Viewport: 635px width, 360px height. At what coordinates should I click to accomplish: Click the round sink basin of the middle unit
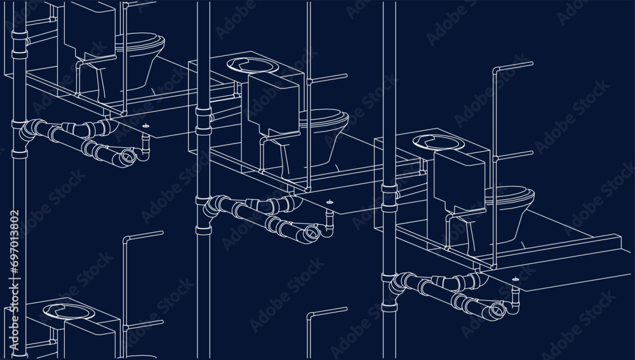point(252,65)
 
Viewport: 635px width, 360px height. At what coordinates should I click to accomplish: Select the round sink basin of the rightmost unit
point(439,142)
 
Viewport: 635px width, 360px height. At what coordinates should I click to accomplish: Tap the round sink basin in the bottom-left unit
point(69,311)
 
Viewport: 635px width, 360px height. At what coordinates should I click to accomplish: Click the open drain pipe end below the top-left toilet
point(128,157)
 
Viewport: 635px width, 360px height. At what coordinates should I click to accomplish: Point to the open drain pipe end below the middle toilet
point(311,234)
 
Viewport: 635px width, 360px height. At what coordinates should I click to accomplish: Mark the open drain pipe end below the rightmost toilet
point(498,310)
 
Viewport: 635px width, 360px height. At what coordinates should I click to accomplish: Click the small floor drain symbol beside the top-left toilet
point(146,126)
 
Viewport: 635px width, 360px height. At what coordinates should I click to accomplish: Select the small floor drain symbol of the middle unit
point(330,202)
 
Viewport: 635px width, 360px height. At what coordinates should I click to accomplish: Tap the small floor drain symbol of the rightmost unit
point(516,279)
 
